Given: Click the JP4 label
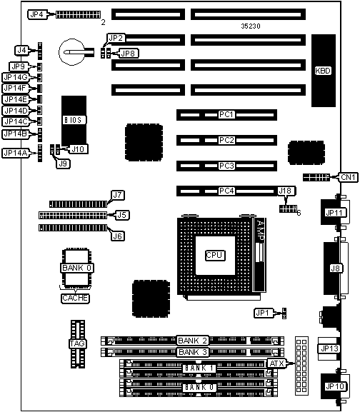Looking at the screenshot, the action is click(x=37, y=14).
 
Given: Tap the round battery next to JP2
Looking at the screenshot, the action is click(x=71, y=51).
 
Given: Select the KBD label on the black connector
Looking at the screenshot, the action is click(x=323, y=71).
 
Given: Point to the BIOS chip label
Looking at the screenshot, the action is click(x=74, y=120).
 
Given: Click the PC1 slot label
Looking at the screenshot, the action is click(x=226, y=115).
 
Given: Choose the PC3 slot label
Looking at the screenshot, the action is click(x=226, y=166).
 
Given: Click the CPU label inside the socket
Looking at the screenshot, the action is click(x=215, y=255).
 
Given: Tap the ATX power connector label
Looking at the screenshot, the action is click(x=277, y=363).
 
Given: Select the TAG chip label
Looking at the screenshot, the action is click(x=78, y=343).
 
